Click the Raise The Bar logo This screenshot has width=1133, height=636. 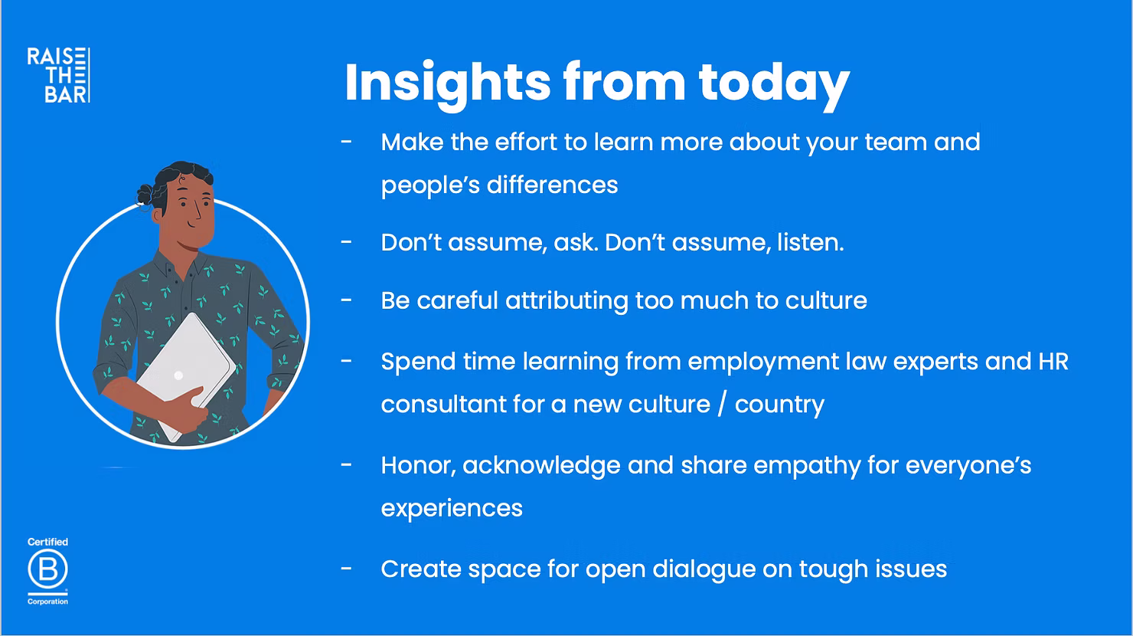coord(59,75)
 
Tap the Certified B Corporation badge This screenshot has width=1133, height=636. coord(47,571)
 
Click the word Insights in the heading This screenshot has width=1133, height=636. coord(447,84)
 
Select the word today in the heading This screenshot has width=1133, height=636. coord(774,84)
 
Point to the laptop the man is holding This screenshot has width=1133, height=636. coord(186,374)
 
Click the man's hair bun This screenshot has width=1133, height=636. coord(145,195)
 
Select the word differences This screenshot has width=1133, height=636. coord(552,185)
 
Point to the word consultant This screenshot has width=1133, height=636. coord(443,405)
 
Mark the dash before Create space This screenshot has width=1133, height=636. coord(346,569)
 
